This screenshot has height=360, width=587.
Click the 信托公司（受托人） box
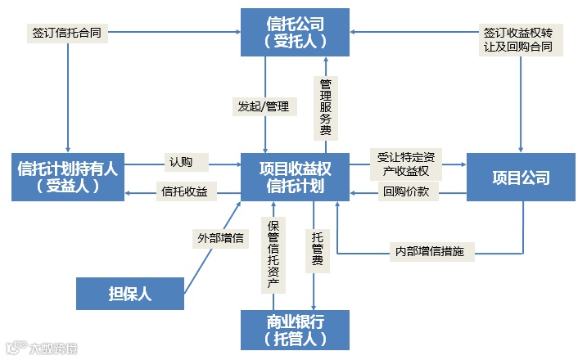(295, 32)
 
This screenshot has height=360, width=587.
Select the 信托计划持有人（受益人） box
(68, 177)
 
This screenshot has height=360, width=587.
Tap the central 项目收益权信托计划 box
(295, 177)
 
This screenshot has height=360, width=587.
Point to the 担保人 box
(130, 293)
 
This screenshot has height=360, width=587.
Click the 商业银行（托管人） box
(295, 329)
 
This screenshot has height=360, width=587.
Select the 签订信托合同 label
(66, 34)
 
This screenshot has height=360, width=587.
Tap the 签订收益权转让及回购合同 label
(518, 40)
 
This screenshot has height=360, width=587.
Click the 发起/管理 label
(263, 106)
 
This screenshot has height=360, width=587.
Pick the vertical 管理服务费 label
(325, 106)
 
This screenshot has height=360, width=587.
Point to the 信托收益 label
(184, 192)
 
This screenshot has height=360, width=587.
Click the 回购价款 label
(410, 193)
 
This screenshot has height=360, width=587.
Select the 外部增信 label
(219, 239)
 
